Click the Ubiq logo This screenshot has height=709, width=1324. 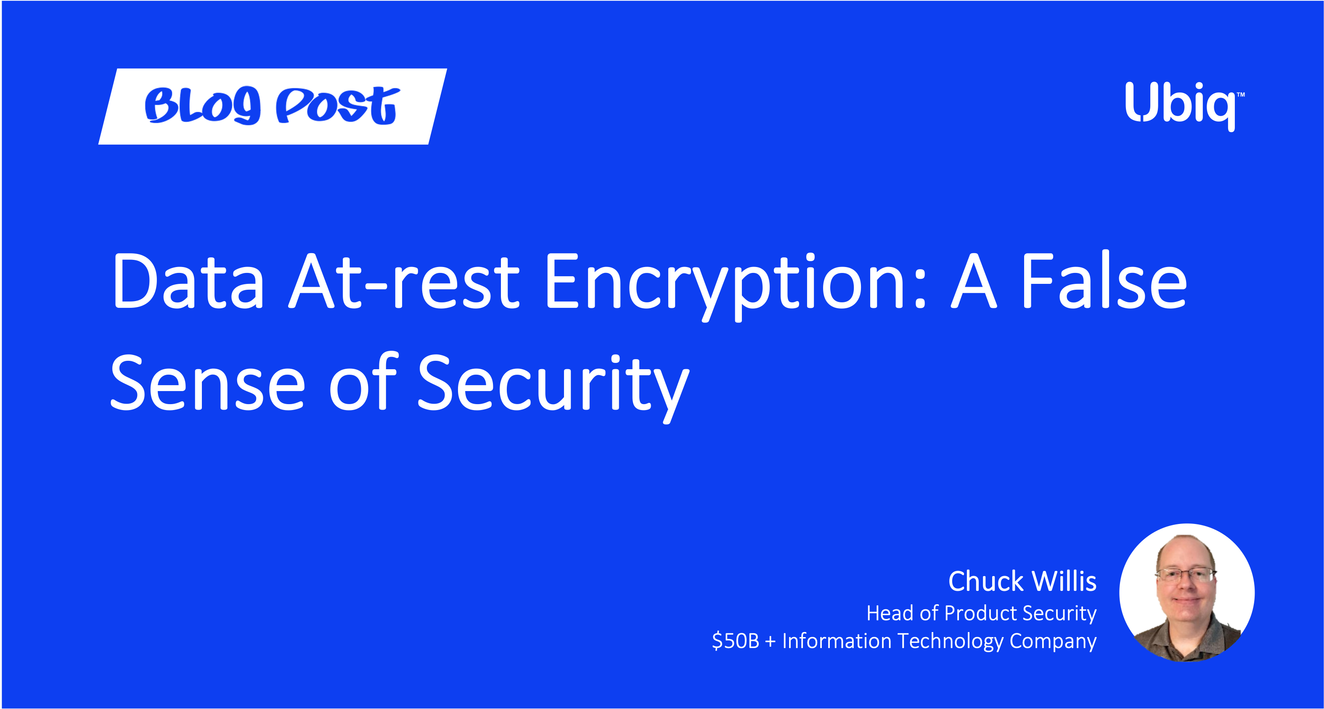tap(1184, 106)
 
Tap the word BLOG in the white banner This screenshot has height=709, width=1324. tap(202, 105)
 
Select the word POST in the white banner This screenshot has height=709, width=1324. tap(338, 105)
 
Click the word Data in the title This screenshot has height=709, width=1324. tap(188, 282)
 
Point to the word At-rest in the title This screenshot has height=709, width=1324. tap(405, 282)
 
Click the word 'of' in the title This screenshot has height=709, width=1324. tap(363, 381)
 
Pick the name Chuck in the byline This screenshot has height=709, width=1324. tap(986, 581)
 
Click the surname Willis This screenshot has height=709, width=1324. tap(1064, 581)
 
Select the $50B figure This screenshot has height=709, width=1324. tap(736, 641)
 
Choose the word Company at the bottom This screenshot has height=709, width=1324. tap(1053, 642)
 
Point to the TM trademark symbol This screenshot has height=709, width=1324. tap(1241, 95)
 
